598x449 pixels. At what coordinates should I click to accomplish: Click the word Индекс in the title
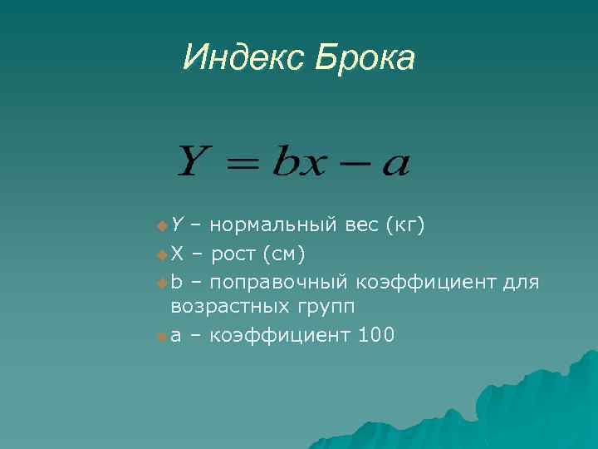[244, 58]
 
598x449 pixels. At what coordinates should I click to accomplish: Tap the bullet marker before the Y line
[161, 225]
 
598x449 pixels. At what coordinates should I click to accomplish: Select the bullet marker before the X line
[161, 254]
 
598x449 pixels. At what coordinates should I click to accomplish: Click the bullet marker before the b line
[161, 283]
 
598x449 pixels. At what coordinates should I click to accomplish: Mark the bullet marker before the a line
[161, 337]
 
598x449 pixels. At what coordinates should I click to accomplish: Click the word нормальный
[272, 224]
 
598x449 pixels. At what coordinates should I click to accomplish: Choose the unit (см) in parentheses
[291, 253]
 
